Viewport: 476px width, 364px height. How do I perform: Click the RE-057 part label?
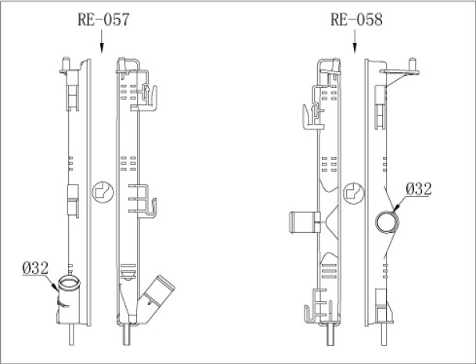(103, 21)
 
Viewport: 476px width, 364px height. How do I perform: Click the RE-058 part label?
(356, 21)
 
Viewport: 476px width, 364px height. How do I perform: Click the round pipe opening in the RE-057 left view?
(69, 285)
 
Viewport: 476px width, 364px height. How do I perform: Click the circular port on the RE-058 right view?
(386, 222)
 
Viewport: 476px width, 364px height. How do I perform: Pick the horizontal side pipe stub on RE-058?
(301, 222)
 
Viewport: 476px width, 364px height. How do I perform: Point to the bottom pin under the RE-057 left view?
(73, 335)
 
